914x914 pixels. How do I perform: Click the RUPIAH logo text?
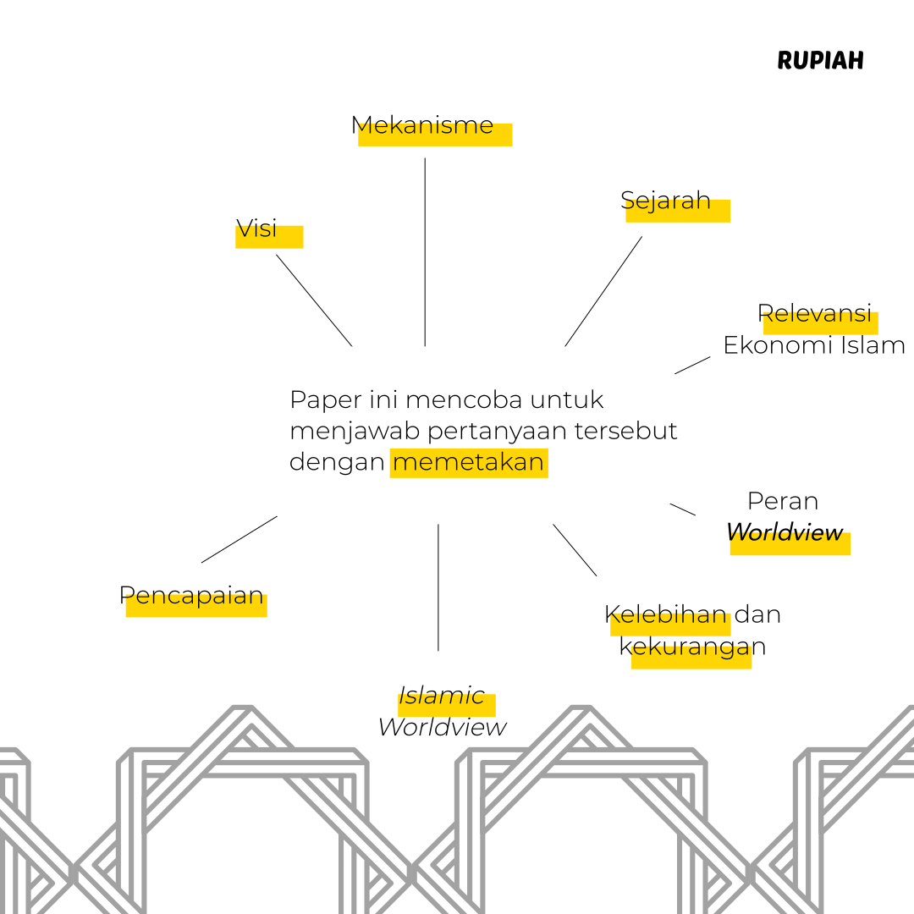pos(820,61)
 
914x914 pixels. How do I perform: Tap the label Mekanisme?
pos(422,125)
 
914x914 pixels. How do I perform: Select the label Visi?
pos(256,228)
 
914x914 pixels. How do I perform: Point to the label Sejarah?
pos(665,201)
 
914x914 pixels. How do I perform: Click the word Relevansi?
pos(814,313)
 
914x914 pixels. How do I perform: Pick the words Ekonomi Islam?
pos(813,345)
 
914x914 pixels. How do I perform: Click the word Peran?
pos(783,501)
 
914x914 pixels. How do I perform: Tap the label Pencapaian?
pos(191,595)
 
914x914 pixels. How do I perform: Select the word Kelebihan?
pos(666,614)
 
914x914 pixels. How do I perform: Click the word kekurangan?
pos(692,647)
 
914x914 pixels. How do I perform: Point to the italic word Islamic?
pos(442,696)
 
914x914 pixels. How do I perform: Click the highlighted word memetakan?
pos(468,463)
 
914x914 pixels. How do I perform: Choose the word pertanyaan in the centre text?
pos(495,431)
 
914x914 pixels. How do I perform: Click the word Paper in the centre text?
pos(322,399)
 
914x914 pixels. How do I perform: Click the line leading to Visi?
pos(314,300)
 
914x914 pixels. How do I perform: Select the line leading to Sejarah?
pos(603,291)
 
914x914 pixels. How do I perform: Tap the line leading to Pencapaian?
pos(240,539)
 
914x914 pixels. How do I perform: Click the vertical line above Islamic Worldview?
pos(438,587)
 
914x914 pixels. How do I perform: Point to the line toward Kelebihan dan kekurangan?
pos(575,550)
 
